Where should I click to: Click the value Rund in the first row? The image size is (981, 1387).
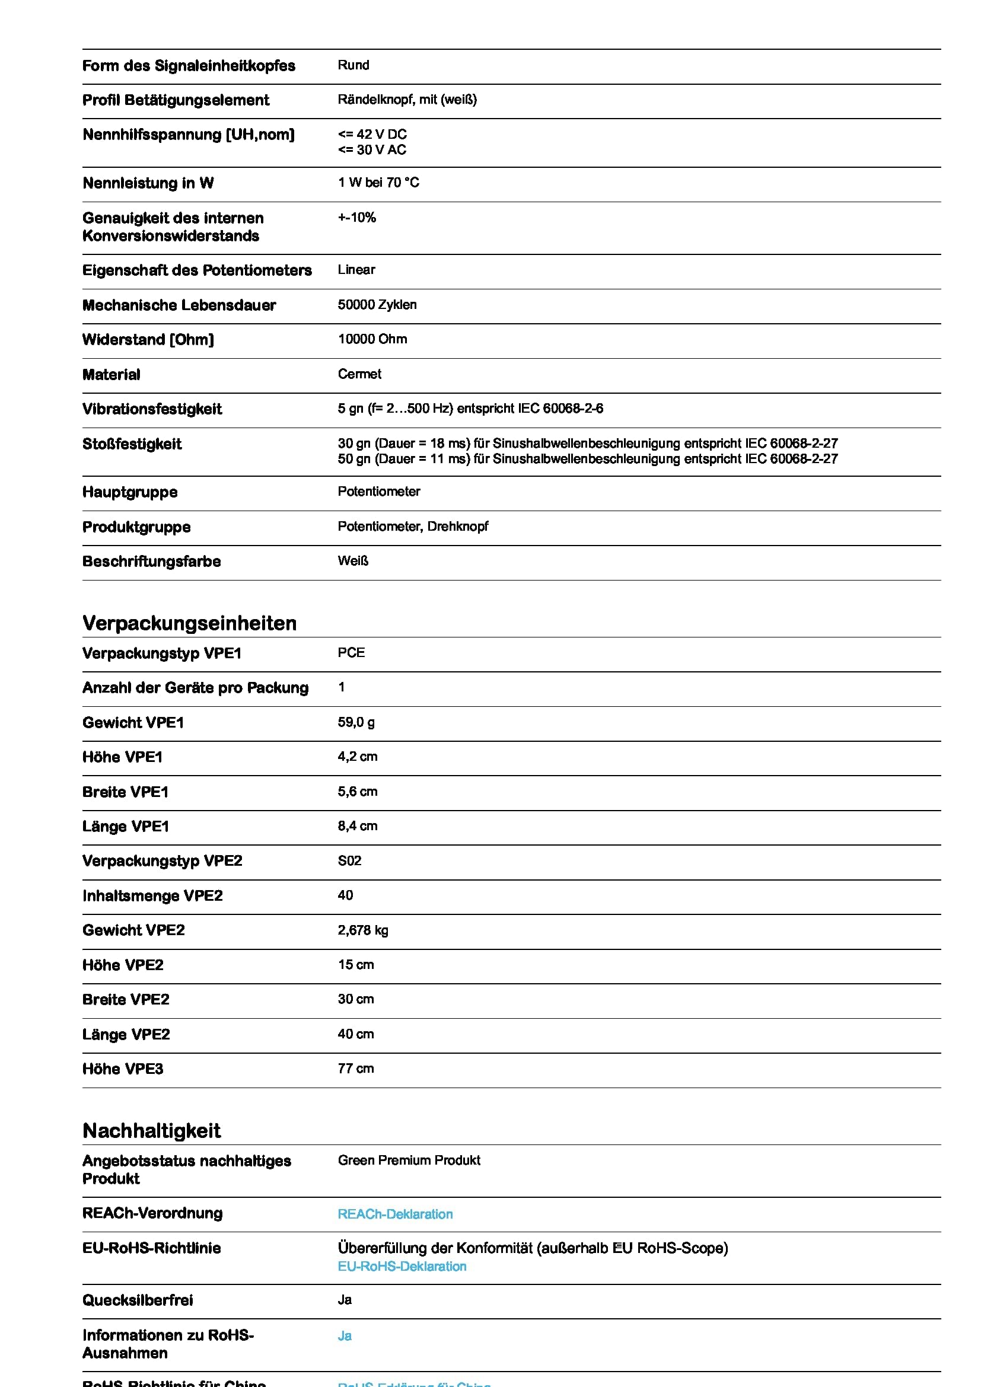click(353, 65)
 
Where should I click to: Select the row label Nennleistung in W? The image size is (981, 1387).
click(148, 183)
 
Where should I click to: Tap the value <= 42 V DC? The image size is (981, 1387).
click(372, 134)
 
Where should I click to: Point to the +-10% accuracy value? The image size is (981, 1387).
click(357, 218)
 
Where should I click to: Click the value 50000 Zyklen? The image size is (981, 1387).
click(377, 304)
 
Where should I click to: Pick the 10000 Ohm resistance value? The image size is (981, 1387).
click(372, 339)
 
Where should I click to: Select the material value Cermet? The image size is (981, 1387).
click(359, 374)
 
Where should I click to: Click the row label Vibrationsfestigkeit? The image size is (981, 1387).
click(152, 409)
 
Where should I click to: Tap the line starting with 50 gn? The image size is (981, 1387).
click(587, 459)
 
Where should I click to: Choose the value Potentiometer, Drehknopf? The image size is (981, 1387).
click(413, 526)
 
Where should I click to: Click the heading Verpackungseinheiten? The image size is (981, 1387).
click(189, 623)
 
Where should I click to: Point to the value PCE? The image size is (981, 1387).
click(351, 652)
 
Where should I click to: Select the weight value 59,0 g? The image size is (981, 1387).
click(356, 722)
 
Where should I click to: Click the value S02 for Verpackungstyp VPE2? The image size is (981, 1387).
click(349, 860)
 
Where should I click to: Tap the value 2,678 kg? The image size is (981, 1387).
click(362, 930)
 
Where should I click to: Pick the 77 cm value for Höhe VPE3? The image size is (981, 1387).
click(355, 1068)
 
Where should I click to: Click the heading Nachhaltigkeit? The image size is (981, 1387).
click(152, 1130)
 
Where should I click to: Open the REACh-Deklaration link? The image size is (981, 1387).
click(395, 1214)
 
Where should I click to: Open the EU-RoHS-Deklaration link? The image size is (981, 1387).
click(402, 1266)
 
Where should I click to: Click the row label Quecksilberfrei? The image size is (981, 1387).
click(138, 1300)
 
